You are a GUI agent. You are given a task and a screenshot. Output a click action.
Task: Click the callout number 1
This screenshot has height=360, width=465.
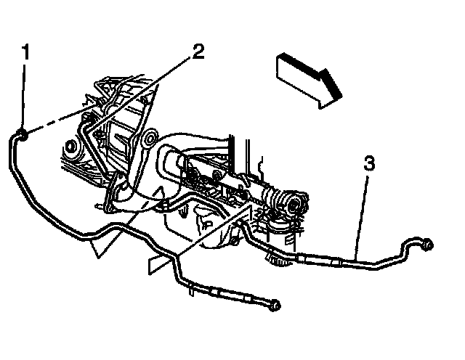(x=25, y=53)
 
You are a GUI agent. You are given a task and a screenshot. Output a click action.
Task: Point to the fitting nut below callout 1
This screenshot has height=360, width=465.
(x=23, y=134)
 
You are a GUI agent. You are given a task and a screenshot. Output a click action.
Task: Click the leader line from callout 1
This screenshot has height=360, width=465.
(x=24, y=94)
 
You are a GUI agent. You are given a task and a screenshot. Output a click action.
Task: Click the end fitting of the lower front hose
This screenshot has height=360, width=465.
(x=274, y=306)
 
